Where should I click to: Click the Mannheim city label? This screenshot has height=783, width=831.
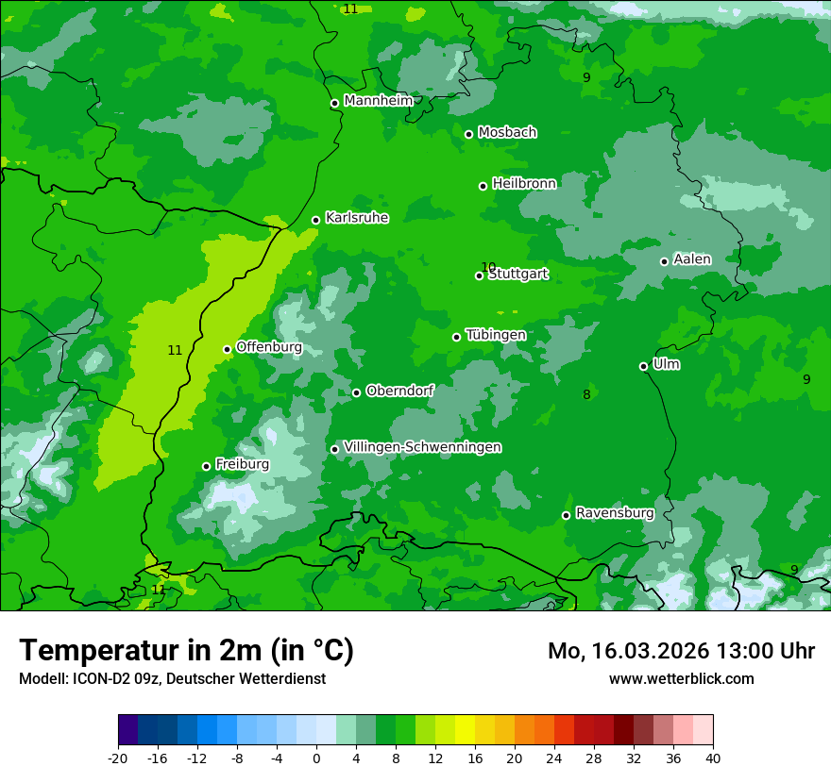click(378, 101)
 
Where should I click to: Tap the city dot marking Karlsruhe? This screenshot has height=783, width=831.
click(316, 221)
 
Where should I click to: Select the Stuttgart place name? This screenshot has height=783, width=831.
click(518, 275)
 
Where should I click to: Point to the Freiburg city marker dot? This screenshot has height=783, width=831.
click(206, 467)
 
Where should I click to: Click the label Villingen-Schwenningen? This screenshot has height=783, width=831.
click(422, 447)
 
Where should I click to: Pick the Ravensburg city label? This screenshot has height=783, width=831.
click(615, 513)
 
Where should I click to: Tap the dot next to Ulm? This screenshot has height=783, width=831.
click(644, 367)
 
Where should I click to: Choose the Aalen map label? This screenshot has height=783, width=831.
click(692, 259)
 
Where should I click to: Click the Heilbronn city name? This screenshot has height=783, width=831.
click(524, 184)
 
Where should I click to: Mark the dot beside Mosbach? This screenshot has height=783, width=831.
click(468, 135)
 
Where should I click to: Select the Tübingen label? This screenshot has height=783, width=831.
click(496, 335)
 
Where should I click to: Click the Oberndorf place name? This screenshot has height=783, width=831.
click(400, 391)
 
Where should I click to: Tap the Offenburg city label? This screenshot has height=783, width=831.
click(269, 347)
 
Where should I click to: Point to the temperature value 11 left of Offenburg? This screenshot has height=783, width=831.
click(175, 350)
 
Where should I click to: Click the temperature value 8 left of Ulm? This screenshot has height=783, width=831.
click(586, 395)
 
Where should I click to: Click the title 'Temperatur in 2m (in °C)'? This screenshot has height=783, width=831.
click(186, 651)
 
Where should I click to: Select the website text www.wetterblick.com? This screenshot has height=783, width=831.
click(681, 678)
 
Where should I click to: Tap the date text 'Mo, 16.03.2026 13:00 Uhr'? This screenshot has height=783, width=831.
click(681, 651)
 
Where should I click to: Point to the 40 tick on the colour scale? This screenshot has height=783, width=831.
click(713, 758)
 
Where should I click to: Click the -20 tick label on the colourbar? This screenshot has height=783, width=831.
click(118, 758)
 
